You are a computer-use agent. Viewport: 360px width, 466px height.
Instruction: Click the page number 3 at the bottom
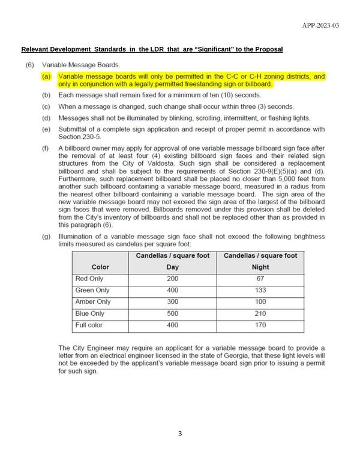pos(180,434)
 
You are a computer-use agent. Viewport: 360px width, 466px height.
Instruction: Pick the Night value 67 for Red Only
pos(260,279)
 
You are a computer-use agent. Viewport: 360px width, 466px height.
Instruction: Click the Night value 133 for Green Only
pos(260,290)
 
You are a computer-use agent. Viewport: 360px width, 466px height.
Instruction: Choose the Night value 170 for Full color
pos(260,324)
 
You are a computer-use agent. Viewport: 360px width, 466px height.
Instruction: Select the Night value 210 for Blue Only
pos(260,313)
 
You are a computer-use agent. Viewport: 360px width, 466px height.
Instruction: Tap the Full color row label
pos(89,324)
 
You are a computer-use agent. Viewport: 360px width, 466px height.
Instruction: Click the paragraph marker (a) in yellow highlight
pos(46,77)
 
